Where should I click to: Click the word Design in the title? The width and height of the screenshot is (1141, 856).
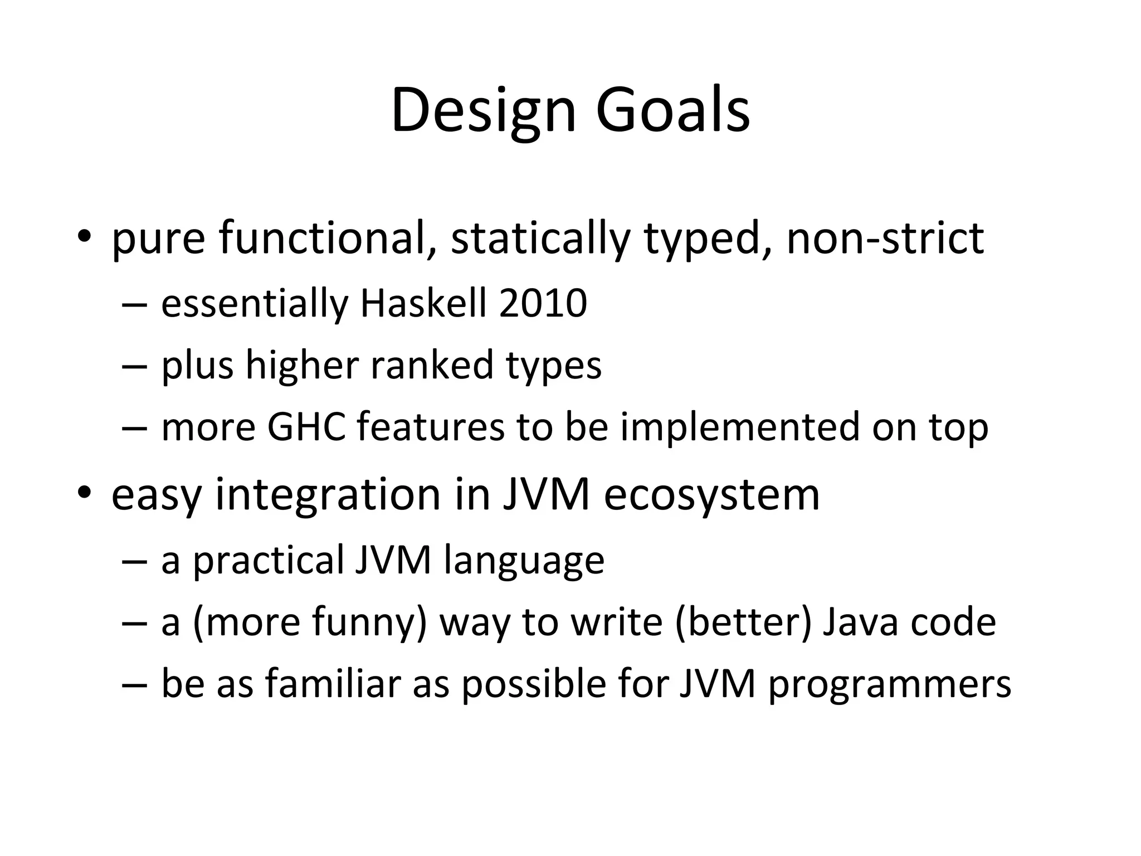tap(483, 111)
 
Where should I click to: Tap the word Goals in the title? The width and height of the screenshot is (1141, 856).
tap(672, 111)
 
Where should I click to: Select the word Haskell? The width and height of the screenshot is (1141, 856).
tap(423, 304)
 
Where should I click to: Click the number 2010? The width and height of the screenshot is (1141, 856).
tap(543, 304)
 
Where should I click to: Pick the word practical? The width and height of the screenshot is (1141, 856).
tap(269, 561)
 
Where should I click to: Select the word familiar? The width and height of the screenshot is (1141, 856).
tap(333, 684)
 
